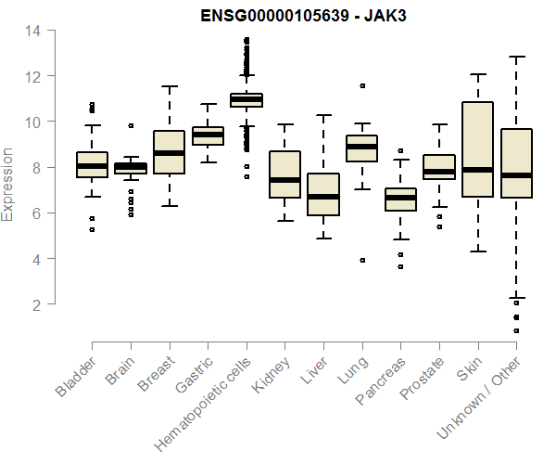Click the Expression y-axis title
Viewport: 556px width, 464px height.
pos(8,184)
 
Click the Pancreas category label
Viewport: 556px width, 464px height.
pos(379,381)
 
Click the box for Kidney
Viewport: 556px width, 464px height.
pos(284,174)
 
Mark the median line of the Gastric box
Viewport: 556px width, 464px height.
pos(207,135)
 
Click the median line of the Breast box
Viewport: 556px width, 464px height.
pos(169,153)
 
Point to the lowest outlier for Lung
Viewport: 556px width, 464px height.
pos(362,261)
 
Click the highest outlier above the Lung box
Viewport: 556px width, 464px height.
pos(362,85)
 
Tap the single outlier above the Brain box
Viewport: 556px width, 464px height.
pos(131,125)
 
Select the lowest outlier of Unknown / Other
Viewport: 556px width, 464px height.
pos(516,330)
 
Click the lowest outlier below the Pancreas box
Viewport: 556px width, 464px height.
pos(400,267)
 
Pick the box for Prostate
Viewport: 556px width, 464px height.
pos(439,167)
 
